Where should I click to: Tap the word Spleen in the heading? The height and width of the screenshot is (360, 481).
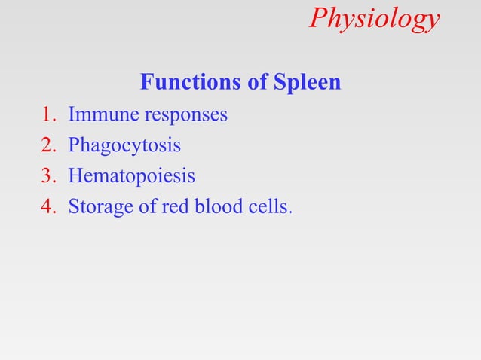[306, 82]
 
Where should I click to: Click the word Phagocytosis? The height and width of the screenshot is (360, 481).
[124, 146]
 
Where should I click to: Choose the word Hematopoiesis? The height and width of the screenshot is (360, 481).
[131, 176]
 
